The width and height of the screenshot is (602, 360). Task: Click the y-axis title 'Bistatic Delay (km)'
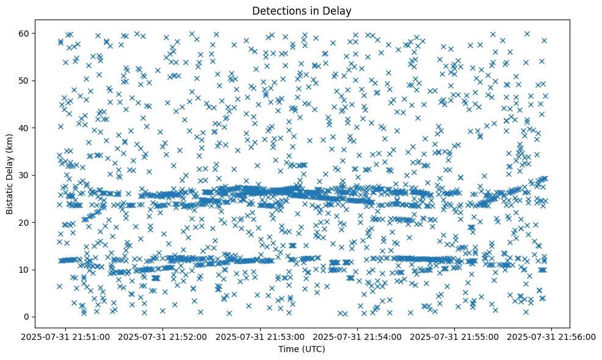10,175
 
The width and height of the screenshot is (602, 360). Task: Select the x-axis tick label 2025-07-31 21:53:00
261,336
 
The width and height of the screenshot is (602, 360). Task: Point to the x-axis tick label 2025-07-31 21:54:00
358,336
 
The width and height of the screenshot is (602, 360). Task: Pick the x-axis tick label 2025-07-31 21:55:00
455,336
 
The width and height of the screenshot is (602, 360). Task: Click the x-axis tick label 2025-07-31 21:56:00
553,336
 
